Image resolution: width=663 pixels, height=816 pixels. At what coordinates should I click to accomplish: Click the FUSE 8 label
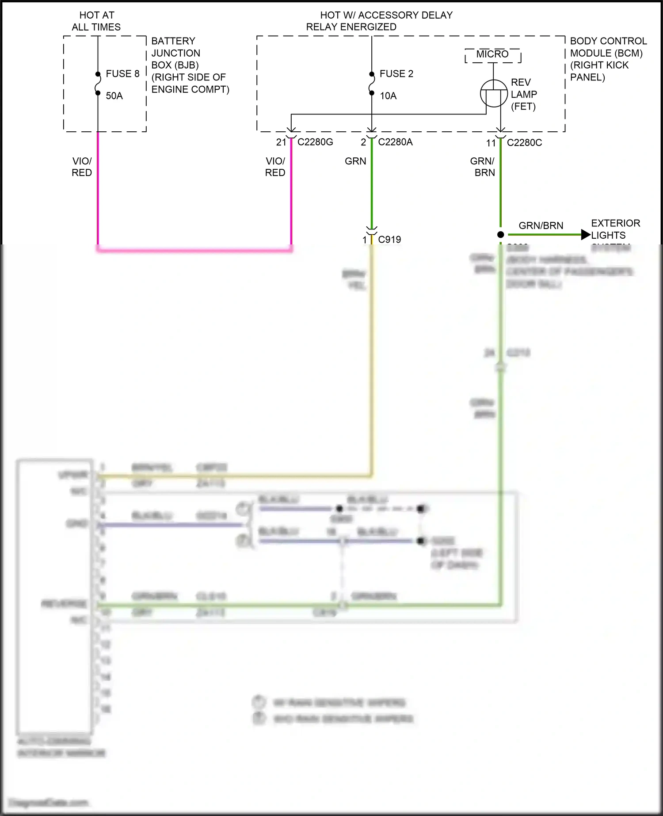click(x=122, y=74)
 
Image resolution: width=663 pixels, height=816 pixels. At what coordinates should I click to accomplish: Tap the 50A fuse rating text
click(x=114, y=96)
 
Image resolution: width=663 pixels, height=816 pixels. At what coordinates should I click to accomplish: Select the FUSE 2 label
click(x=396, y=74)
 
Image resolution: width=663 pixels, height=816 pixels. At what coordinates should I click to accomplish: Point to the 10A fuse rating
click(x=388, y=96)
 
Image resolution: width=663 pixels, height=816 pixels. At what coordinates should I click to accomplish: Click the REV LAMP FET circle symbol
click(x=494, y=93)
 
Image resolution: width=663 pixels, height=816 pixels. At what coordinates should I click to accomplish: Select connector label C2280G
click(x=315, y=142)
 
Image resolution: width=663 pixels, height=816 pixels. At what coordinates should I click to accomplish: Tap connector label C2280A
click(x=395, y=142)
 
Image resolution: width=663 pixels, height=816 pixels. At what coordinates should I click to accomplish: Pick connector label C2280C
click(x=524, y=143)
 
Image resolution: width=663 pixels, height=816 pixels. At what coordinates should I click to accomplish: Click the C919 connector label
click(x=389, y=240)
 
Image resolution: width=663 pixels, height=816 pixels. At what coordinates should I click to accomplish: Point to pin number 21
click(x=281, y=142)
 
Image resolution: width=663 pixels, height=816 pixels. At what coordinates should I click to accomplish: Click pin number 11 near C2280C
click(x=491, y=143)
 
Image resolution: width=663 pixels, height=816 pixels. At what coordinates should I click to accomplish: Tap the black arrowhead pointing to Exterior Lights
click(x=586, y=235)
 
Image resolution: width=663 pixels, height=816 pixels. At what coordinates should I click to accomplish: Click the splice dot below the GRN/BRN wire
click(x=500, y=235)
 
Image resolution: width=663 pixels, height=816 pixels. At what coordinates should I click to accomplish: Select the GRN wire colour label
click(x=355, y=161)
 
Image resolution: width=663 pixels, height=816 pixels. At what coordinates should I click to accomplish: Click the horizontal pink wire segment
click(x=194, y=250)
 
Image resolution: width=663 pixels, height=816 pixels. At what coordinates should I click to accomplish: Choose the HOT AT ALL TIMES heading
click(x=96, y=21)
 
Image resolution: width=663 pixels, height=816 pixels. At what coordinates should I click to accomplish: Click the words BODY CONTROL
click(x=608, y=41)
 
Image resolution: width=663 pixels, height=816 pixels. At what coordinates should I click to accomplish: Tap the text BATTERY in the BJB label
click(x=173, y=41)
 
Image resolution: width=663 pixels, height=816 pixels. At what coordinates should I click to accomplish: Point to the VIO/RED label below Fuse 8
click(x=82, y=167)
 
